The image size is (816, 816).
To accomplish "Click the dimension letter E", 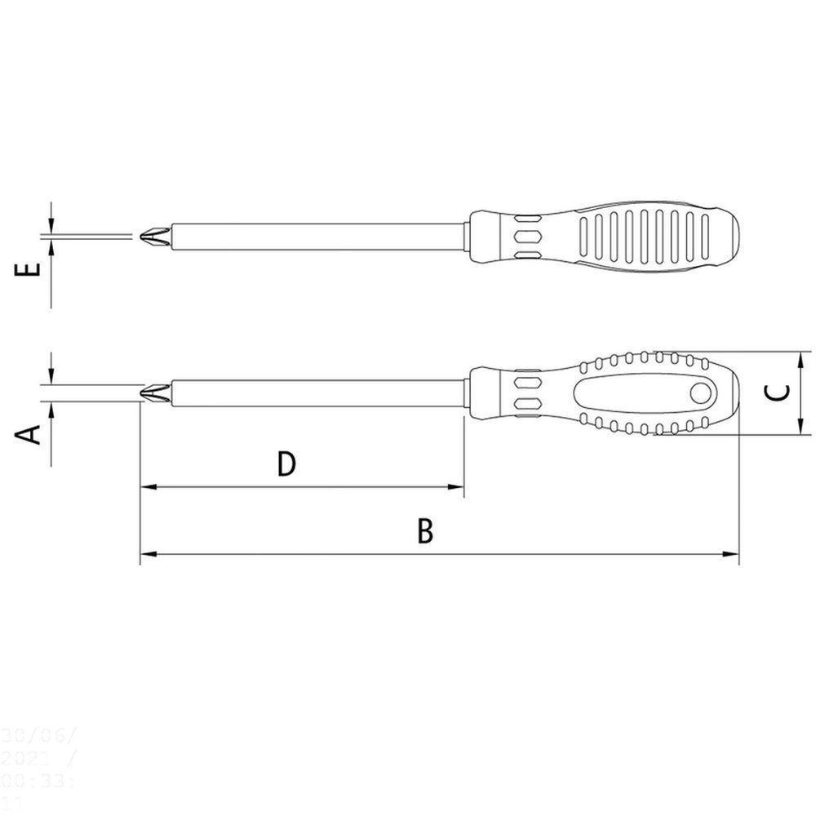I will pyautogui.click(x=29, y=269).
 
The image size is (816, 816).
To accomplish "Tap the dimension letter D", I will pyautogui.click(x=285, y=463).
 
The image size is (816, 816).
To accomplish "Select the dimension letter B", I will pyautogui.click(x=424, y=531).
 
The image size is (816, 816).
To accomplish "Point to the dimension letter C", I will pyautogui.click(x=779, y=392).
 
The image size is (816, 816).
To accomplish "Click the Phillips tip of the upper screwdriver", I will pyautogui.click(x=153, y=237).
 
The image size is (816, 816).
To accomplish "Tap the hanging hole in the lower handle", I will pyautogui.click(x=700, y=393).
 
